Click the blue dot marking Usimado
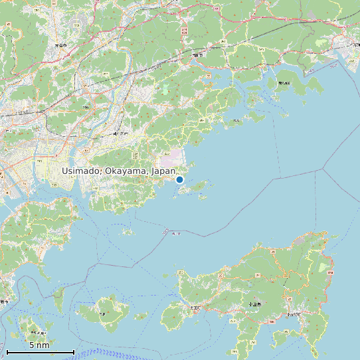pyautogui.click(x=179, y=179)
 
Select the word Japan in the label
pyautogui.click(x=163, y=171)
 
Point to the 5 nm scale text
pyautogui.click(x=39, y=345)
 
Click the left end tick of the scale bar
pyautogui.click(x=7, y=351)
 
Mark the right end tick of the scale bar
pyautogui.click(x=74, y=351)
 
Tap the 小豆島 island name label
pyautogui.click(x=254, y=304)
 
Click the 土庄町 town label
pyautogui.click(x=195, y=308)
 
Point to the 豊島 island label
pyautogui.click(x=102, y=313)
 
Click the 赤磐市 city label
pyautogui.click(x=60, y=46)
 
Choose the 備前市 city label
pyautogui.click(x=197, y=56)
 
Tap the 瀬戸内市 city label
pyautogui.click(x=120, y=134)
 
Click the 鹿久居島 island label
pyautogui.click(x=284, y=83)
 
